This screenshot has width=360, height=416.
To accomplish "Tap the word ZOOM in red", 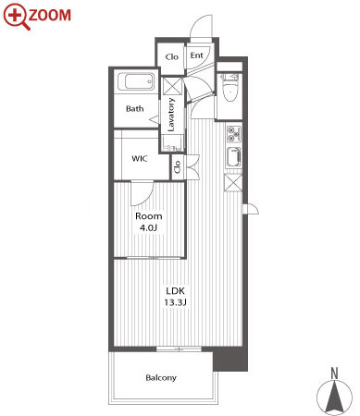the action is pos(50,16).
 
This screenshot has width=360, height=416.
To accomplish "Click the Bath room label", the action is pos(135,108).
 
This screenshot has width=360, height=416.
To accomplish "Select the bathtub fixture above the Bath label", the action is pos(136,81).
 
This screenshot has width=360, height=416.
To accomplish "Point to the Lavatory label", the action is pos(171,115).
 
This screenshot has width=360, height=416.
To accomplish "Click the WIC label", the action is pos(140,159).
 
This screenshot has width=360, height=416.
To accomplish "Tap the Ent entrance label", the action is pos(196,55).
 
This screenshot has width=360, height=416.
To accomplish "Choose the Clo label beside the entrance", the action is pos(171,56).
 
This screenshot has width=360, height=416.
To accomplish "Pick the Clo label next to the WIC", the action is pos(178,166).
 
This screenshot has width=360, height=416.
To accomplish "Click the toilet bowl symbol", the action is pos(230,92).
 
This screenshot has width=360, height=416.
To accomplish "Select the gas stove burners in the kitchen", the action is pos(234,134).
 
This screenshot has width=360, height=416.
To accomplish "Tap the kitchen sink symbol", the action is pos(233,157).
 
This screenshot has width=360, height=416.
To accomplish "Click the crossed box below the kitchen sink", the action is pos(233,183).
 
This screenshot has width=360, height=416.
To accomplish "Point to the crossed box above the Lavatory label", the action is pos(172,86).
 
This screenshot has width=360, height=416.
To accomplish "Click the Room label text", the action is pos(149,216).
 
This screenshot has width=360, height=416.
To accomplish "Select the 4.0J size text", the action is pos(148,228).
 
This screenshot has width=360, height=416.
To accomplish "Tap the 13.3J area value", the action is pos(175,302).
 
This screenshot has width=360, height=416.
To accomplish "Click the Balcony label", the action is pos(161,378).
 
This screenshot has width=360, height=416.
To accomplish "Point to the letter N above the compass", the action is pos(334,373).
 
